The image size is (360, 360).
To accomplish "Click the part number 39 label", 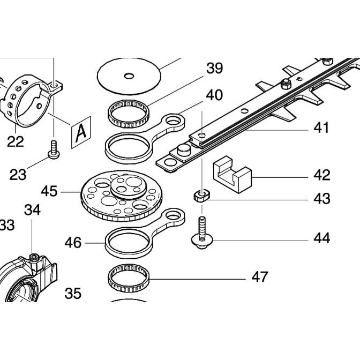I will (x=214, y=69).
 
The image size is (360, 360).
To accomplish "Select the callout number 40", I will (x=214, y=95).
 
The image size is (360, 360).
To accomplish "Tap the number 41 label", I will (x=321, y=128).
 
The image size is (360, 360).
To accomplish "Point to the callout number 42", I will (x=322, y=175).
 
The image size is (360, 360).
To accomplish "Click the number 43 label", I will (x=322, y=199).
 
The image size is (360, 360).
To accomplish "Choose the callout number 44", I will (x=322, y=238).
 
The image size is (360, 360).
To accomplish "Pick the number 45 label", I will (x=49, y=191).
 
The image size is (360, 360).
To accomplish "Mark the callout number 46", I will (x=73, y=243).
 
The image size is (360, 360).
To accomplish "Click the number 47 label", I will (x=260, y=277).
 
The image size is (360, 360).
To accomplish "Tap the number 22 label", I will (x=16, y=142).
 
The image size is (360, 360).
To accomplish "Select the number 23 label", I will (x=18, y=175).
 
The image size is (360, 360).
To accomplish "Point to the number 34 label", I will (x=32, y=211).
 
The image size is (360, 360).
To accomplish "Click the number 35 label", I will (x=73, y=293).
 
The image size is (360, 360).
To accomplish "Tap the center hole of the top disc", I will (x=129, y=76).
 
